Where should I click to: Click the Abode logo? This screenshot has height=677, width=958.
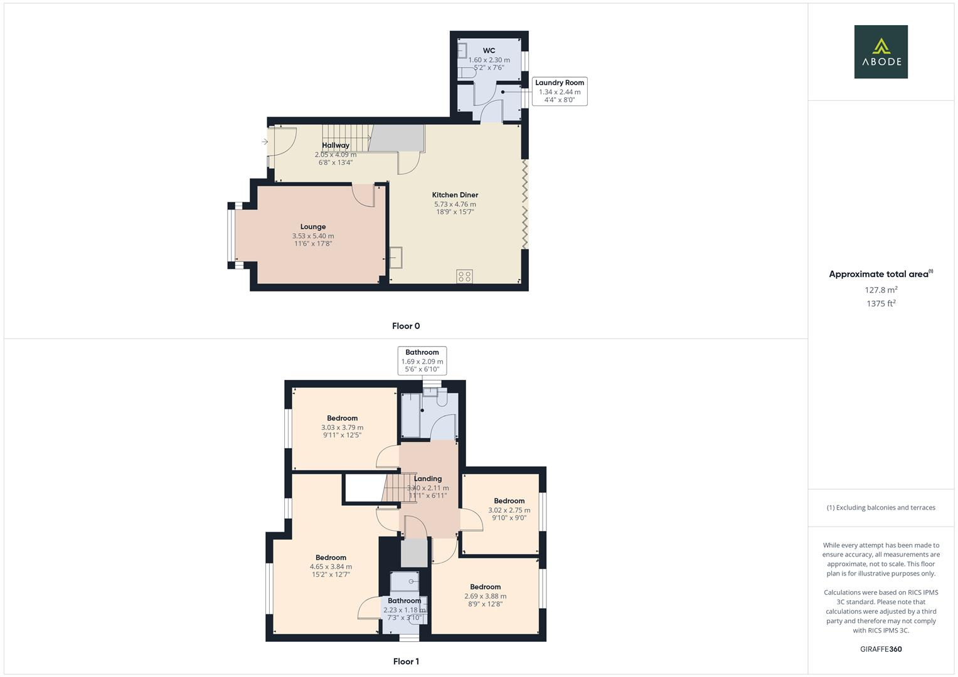click(x=881, y=52)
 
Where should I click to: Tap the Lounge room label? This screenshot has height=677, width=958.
click(x=313, y=227)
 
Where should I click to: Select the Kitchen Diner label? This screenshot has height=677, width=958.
click(x=455, y=195)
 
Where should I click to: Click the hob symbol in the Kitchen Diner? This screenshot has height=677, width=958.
click(x=465, y=276)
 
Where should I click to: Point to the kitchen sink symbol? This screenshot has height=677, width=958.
click(x=397, y=258)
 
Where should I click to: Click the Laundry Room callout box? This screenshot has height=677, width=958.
click(x=560, y=91)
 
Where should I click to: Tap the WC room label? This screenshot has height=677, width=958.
click(x=489, y=51)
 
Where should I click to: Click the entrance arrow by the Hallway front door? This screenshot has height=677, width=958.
click(x=265, y=142)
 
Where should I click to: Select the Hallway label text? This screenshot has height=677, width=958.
click(x=336, y=145)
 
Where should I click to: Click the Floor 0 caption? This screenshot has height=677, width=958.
click(x=406, y=326)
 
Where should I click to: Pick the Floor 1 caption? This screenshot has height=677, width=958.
click(x=406, y=661)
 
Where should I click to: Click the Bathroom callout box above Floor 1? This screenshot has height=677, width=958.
click(x=422, y=360)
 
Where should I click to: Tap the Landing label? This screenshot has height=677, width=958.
click(x=428, y=479)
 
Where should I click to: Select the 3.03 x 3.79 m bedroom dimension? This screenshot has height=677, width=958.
click(x=343, y=428)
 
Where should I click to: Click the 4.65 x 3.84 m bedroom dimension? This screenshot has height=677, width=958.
click(x=331, y=567)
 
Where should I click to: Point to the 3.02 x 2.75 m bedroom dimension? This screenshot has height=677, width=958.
click(x=509, y=510)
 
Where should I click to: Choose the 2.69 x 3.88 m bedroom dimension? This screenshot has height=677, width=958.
click(x=485, y=596)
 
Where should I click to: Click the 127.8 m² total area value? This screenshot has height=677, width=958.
click(x=881, y=290)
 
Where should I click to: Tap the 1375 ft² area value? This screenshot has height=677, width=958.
click(x=881, y=303)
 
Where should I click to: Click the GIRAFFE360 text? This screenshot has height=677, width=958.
click(x=881, y=649)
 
